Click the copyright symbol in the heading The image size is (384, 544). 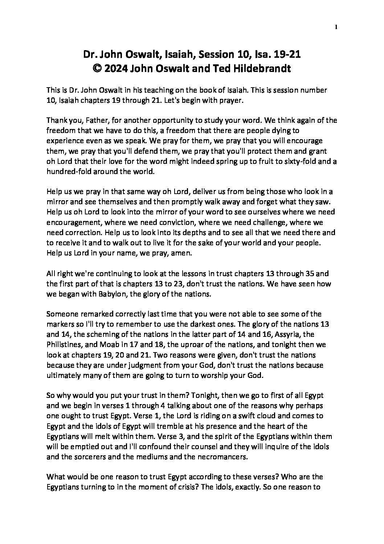coord(98,68)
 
